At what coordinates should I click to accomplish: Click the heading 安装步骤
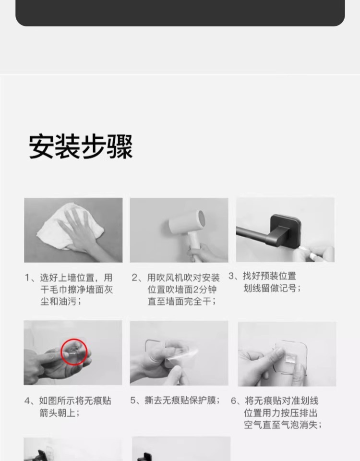tap(81, 147)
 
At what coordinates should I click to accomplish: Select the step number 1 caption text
tap(69, 290)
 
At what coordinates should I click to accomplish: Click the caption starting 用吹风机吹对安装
tap(176, 290)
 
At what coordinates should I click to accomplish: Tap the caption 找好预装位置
tap(269, 277)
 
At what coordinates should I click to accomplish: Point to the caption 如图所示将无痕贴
tap(75, 400)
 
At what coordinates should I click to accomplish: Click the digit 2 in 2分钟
tap(196, 290)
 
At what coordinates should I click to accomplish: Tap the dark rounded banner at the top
tap(180, 13)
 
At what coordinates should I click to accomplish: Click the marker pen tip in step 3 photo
tap(300, 248)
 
